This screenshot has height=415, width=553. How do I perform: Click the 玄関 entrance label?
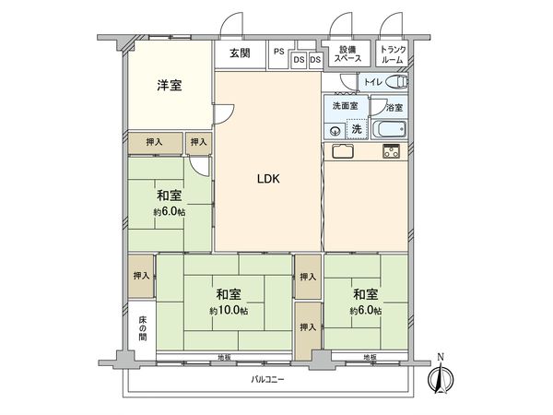tap(240, 53)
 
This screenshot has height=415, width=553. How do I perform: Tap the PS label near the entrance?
tap(277, 52)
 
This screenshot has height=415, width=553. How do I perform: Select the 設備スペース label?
tap(347, 53)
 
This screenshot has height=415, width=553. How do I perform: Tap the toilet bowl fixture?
tap(397, 83)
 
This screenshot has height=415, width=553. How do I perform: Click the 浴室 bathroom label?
tap(394, 107)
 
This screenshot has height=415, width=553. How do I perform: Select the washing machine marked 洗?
tap(356, 127)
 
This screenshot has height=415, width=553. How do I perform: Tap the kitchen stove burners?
tap(392, 152)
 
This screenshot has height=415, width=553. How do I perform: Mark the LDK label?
tap(268, 179)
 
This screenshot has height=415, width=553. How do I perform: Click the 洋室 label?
tap(168, 86)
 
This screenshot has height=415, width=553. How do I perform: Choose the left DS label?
tap(299, 60)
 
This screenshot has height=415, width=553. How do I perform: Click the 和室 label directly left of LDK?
tap(168, 195)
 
